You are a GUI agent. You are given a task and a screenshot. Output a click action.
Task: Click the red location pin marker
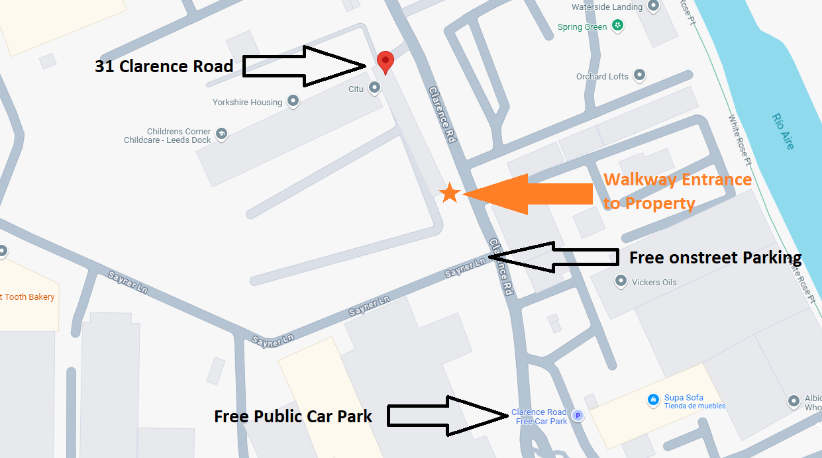tap(385, 62)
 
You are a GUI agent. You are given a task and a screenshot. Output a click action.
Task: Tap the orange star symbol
tap(450, 193)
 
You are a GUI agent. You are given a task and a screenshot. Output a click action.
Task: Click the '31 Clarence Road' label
tap(164, 66)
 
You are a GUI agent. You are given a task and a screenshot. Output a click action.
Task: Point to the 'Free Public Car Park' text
tap(293, 416)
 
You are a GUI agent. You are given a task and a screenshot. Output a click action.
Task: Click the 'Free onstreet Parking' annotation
tap(715, 257)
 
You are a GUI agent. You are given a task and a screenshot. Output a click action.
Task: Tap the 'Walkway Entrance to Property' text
tap(677, 191)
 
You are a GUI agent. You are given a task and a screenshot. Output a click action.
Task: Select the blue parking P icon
tap(578, 416)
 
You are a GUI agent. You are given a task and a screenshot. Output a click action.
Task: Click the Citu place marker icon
tap(375, 87)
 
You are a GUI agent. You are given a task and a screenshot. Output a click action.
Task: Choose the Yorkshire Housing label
tap(247, 103)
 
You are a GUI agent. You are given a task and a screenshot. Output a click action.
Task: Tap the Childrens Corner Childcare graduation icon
tap(222, 133)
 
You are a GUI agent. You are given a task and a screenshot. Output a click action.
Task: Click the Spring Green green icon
tap(618, 26)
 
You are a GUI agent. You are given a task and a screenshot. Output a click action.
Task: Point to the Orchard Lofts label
tap(602, 77)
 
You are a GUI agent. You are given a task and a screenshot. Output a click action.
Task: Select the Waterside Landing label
tap(607, 7)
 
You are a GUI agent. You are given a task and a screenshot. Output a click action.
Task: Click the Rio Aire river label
tap(783, 131)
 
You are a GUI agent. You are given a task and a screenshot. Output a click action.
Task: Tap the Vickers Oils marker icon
tap(621, 281)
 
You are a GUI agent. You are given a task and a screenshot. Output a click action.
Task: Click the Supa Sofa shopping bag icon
tap(652, 399)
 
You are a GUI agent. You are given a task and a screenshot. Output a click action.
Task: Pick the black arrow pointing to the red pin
tap(305, 66)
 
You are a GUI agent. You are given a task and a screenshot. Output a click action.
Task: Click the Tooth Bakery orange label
tap(29, 297)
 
